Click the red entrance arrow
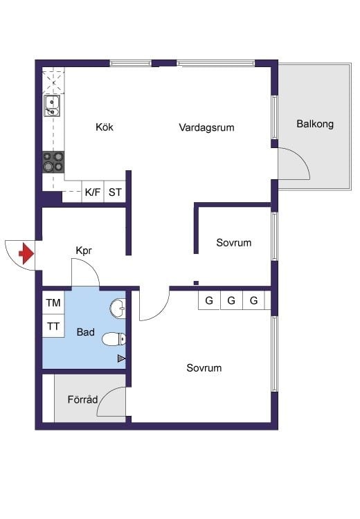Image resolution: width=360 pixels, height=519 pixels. click(27, 253)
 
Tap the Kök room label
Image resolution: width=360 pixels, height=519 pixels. click(105, 127)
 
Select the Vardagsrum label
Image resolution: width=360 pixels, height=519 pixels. click(207, 127)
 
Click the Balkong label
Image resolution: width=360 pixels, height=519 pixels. click(315, 124)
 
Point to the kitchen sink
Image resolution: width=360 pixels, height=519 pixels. click(52, 106)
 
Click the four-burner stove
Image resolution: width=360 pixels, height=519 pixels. click(53, 162)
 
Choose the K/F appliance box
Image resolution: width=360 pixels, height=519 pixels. click(93, 192)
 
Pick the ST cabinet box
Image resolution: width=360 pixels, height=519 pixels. click(115, 192)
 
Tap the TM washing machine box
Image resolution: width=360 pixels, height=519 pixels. click(53, 302)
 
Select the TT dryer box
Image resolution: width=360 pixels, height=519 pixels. click(53, 326)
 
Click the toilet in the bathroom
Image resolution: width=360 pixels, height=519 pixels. click(114, 339)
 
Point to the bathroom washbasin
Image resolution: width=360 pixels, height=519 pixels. click(118, 309)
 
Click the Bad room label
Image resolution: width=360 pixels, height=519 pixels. click(85, 332)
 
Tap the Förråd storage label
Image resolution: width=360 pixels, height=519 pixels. click(82, 399)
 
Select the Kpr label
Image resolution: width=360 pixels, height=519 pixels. click(84, 251)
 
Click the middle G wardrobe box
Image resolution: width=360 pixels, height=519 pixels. click(231, 300)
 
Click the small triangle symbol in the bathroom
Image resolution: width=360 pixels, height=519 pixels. click(122, 358)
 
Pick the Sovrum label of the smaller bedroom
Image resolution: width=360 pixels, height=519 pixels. click(234, 243)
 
